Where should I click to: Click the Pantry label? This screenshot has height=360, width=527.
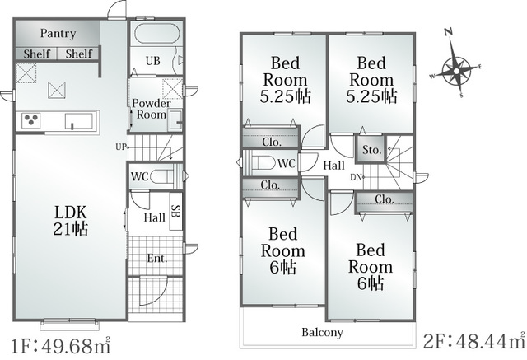[58, 34]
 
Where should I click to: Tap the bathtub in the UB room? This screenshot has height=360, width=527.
[156, 33]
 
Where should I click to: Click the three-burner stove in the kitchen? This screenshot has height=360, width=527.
[31, 120]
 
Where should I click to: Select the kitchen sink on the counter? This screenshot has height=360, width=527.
[79, 121]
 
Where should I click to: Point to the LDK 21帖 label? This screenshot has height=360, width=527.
[71, 221]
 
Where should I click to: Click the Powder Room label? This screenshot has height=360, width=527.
[152, 109]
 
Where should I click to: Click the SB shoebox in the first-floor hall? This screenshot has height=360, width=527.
[175, 211]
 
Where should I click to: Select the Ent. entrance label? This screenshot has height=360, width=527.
[157, 258]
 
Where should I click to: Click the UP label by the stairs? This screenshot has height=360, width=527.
[121, 147]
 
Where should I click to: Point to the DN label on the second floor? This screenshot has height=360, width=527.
[356, 177]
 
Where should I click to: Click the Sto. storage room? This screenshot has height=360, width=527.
[371, 149]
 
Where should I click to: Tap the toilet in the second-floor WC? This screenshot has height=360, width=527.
[264, 163]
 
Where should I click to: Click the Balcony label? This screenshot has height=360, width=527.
[322, 333]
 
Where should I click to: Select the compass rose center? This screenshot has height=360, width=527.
[456, 71]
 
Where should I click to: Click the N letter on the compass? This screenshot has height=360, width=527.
[448, 32]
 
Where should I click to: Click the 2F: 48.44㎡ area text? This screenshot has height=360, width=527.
[474, 342]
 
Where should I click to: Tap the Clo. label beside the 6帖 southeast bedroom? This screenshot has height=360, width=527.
[385, 199]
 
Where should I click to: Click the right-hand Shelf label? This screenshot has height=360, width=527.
[79, 54]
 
